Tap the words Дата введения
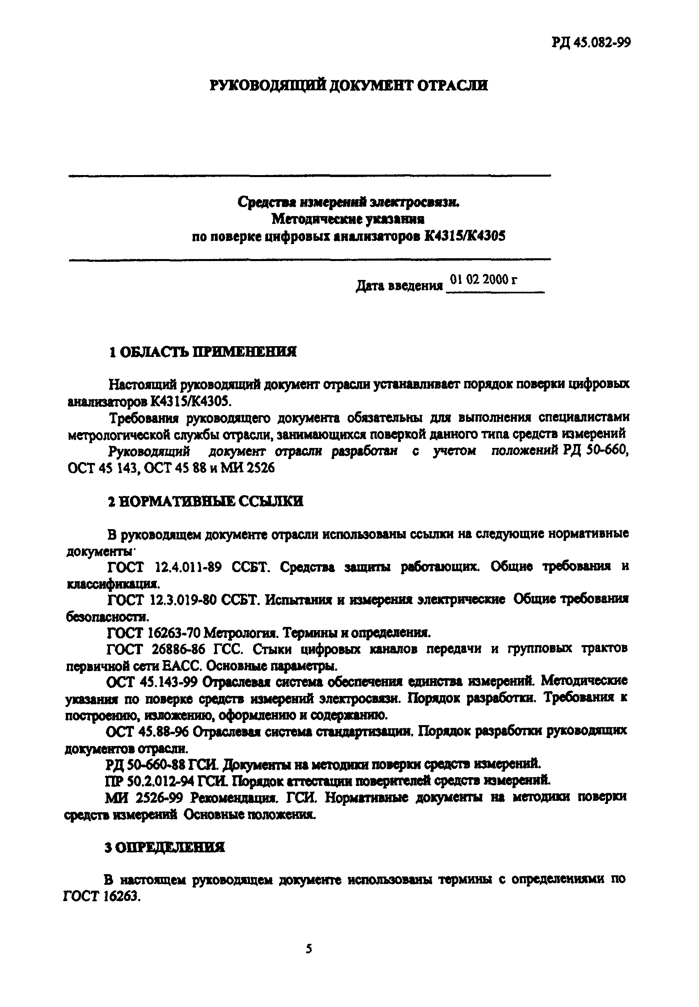click(x=399, y=286)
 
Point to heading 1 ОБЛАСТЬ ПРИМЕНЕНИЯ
click(x=202, y=352)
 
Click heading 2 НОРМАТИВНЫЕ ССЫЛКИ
click(x=205, y=502)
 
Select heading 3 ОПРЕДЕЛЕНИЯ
click(x=165, y=848)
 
